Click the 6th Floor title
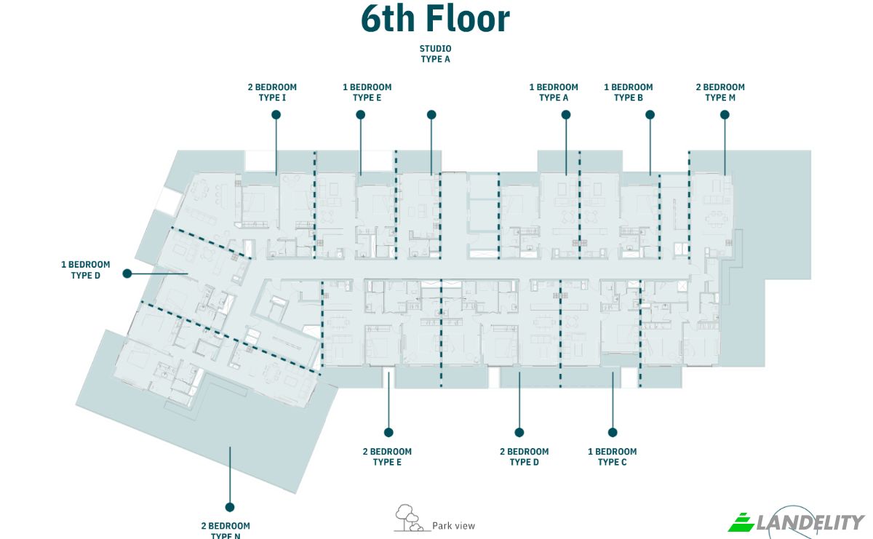pos(435,19)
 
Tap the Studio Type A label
pos(435,54)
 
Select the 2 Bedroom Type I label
pos(272,92)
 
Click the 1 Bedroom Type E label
pos(367,92)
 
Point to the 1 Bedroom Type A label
pos(554,92)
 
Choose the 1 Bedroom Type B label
pos(629,92)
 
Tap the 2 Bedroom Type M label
pos(720,92)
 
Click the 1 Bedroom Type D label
pos(86,270)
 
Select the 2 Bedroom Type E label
pos(387,457)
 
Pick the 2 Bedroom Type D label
pos(525,457)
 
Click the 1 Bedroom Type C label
pos(613,457)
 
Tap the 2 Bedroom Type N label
pos(226,530)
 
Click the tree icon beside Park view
pos(408,518)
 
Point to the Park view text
pos(454,526)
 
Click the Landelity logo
pos(796,522)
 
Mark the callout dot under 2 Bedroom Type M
pos(725,115)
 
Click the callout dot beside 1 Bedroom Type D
pos(127,274)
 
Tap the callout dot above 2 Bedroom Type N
pos(230,507)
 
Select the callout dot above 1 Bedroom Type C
pos(613,432)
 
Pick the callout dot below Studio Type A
pos(431,115)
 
